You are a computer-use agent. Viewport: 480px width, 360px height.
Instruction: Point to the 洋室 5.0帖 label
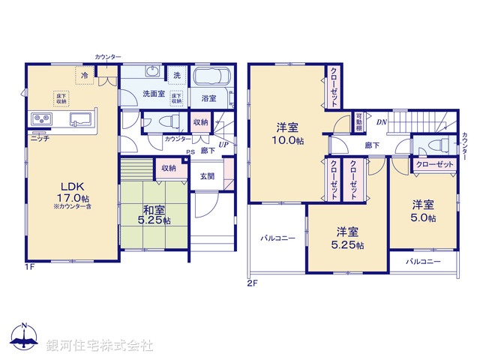click(422, 210)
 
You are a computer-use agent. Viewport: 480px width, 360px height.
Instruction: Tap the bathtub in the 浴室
click(213, 78)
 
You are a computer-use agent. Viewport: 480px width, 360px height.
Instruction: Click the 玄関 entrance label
click(206, 177)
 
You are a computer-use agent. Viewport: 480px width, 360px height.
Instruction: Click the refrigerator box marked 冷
click(85, 75)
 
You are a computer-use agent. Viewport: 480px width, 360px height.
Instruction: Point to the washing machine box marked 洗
click(177, 75)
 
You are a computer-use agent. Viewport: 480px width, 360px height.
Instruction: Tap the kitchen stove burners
click(40, 119)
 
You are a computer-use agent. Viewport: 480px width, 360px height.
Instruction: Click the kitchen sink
click(81, 119)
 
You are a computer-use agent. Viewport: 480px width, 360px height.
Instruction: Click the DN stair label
click(382, 122)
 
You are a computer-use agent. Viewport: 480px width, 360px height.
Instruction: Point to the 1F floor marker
click(29, 267)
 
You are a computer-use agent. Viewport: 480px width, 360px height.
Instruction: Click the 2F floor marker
click(252, 283)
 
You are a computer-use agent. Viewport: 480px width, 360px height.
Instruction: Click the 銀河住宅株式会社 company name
click(100, 346)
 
